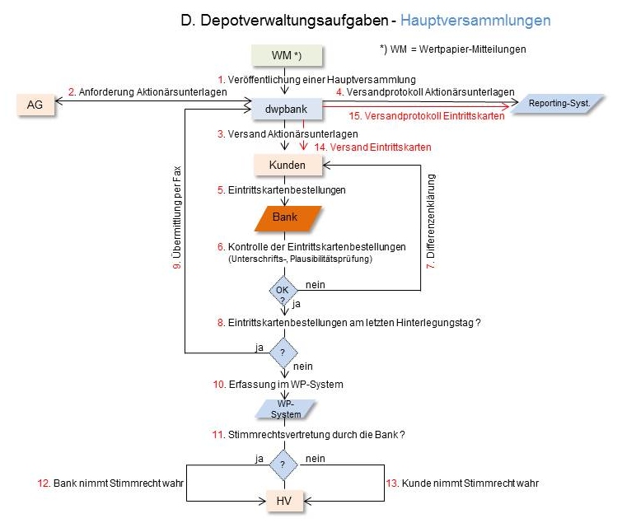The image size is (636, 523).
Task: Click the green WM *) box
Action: click(x=286, y=56)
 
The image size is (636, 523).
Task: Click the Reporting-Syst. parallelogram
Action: click(x=559, y=105)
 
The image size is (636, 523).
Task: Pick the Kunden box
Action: click(x=287, y=166)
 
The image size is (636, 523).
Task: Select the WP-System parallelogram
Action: click(x=284, y=409)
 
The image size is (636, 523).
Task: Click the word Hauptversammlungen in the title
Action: click(x=482, y=19)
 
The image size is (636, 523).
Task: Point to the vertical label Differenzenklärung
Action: click(x=431, y=222)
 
